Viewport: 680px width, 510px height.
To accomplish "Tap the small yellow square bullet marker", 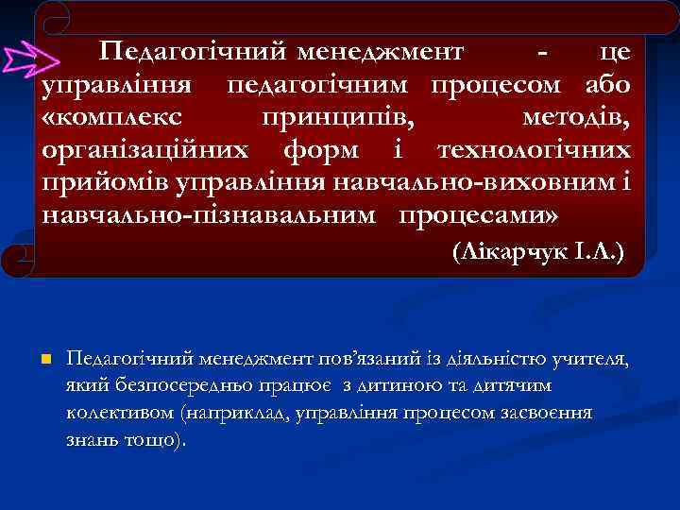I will tap(45, 360).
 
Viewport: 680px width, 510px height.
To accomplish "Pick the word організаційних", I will tap(145, 150).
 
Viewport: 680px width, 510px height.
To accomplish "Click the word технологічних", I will tap(534, 150).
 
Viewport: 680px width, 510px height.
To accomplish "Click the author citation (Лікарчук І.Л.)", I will tap(537, 254).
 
